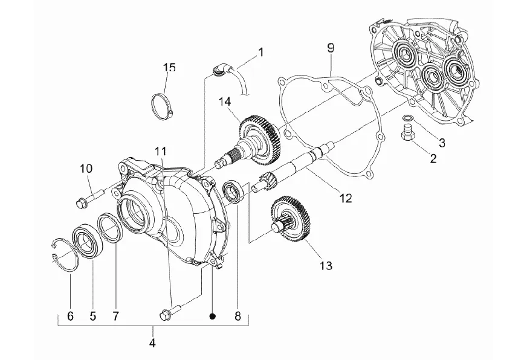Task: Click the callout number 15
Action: click(170, 68)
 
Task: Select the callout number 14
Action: click(225, 101)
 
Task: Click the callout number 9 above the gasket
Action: click(331, 48)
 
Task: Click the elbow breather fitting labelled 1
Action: click(220, 69)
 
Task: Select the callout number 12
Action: click(346, 198)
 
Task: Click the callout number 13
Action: click(326, 266)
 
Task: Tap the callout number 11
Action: click(161, 151)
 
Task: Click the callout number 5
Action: click(92, 316)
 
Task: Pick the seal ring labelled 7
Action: click(109, 227)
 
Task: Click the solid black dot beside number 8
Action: click(212, 316)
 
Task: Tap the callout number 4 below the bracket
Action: click(152, 343)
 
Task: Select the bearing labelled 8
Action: click(233, 191)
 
